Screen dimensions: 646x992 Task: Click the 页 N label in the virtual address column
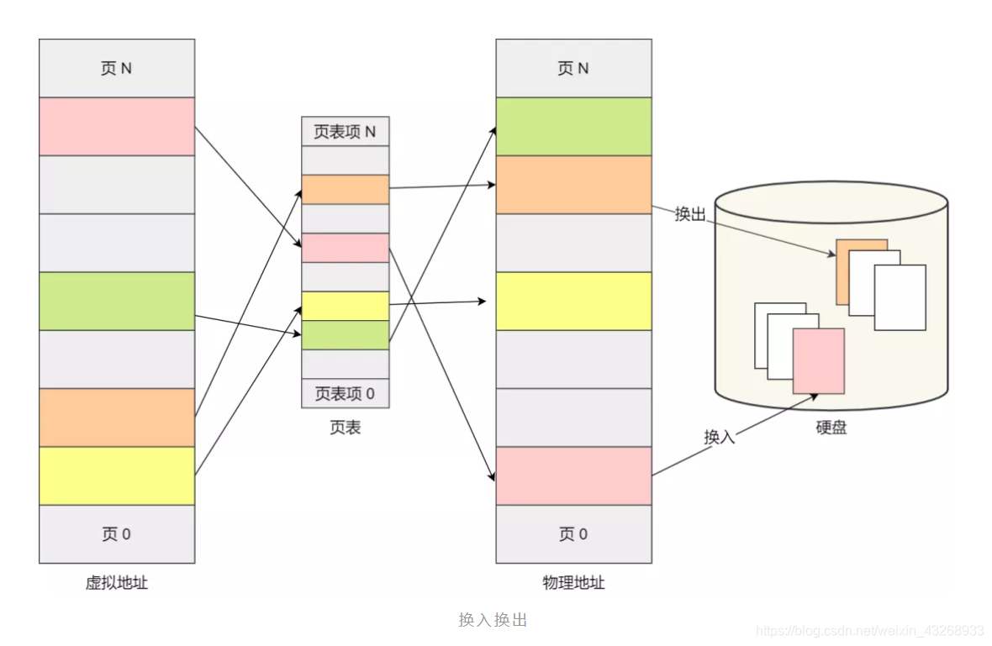click(x=116, y=68)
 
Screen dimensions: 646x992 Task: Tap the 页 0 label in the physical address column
click(x=573, y=534)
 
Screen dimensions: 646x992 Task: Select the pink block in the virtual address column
click(x=117, y=127)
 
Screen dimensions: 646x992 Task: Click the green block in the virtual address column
click(x=117, y=301)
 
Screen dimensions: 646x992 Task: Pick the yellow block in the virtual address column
click(x=117, y=475)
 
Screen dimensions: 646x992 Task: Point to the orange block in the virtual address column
click(x=117, y=418)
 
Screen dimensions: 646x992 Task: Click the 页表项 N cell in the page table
click(x=345, y=132)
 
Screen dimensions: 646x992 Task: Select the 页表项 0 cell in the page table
click(x=345, y=393)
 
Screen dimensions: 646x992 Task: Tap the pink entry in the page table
click(x=345, y=248)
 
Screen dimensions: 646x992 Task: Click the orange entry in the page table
click(x=345, y=190)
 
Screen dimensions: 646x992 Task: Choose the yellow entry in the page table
click(x=345, y=306)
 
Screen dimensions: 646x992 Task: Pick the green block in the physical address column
click(x=573, y=127)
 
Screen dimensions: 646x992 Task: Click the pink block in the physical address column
click(x=573, y=475)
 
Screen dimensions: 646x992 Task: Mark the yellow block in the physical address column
click(x=573, y=301)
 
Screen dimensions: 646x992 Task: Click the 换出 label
click(x=689, y=214)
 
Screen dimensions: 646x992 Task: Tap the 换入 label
click(x=719, y=437)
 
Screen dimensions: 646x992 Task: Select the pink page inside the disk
click(x=818, y=361)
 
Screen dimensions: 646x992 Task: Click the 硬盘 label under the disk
click(x=831, y=428)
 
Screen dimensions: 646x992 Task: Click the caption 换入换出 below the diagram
click(x=493, y=620)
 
